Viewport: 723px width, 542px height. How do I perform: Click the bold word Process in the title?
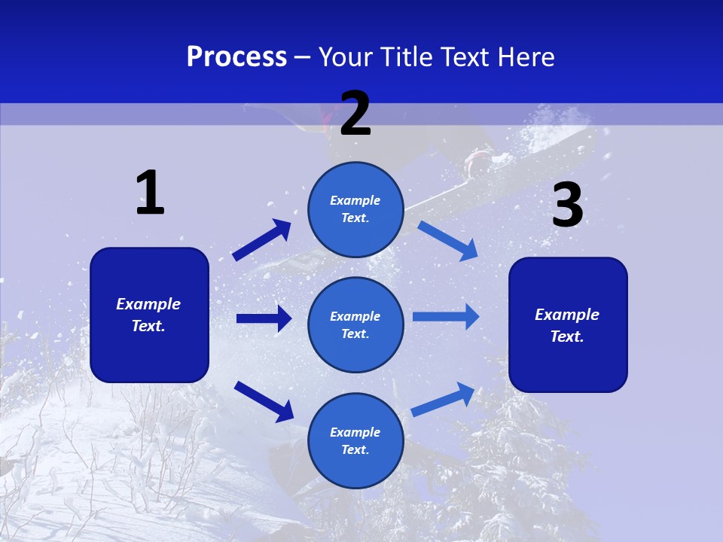(236, 57)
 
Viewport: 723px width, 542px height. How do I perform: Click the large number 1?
(150, 193)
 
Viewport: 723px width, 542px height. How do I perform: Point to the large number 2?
(355, 114)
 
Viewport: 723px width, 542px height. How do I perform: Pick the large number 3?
(567, 206)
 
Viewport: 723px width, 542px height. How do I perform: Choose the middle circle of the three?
(355, 324)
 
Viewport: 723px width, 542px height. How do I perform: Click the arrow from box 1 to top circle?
(261, 240)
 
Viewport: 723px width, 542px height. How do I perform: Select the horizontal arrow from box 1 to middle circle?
(264, 318)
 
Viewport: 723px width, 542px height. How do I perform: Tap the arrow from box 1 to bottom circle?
(264, 401)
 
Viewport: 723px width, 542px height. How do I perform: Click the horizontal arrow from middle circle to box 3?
(446, 317)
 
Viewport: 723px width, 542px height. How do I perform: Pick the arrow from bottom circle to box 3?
(443, 399)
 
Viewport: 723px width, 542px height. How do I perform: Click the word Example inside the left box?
(148, 304)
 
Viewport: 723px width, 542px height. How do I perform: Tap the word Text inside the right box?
(566, 336)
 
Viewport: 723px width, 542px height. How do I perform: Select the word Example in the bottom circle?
(355, 432)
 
